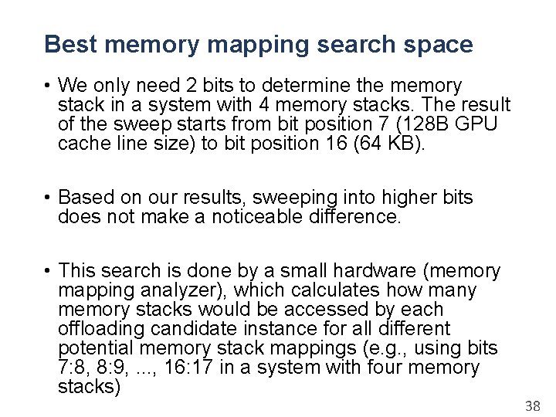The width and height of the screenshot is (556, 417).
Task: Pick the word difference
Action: pos(355,217)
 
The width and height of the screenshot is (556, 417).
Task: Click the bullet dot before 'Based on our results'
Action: pos(47,198)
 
